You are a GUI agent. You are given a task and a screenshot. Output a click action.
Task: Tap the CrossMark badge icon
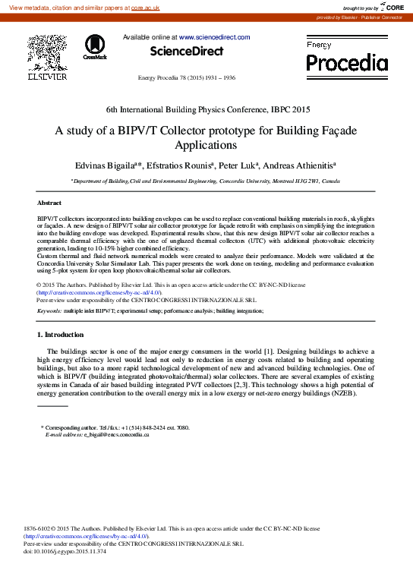(x=95, y=46)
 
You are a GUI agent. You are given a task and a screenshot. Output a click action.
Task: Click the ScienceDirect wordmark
(x=186, y=52)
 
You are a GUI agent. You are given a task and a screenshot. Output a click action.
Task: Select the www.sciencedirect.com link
(x=215, y=36)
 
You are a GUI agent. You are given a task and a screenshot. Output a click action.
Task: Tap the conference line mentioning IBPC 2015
(x=206, y=110)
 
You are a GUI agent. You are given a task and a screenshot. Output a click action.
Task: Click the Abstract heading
(x=49, y=203)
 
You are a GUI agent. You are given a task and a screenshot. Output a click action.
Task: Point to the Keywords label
(x=49, y=311)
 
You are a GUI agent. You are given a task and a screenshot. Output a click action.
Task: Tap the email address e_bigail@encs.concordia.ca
(x=116, y=434)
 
